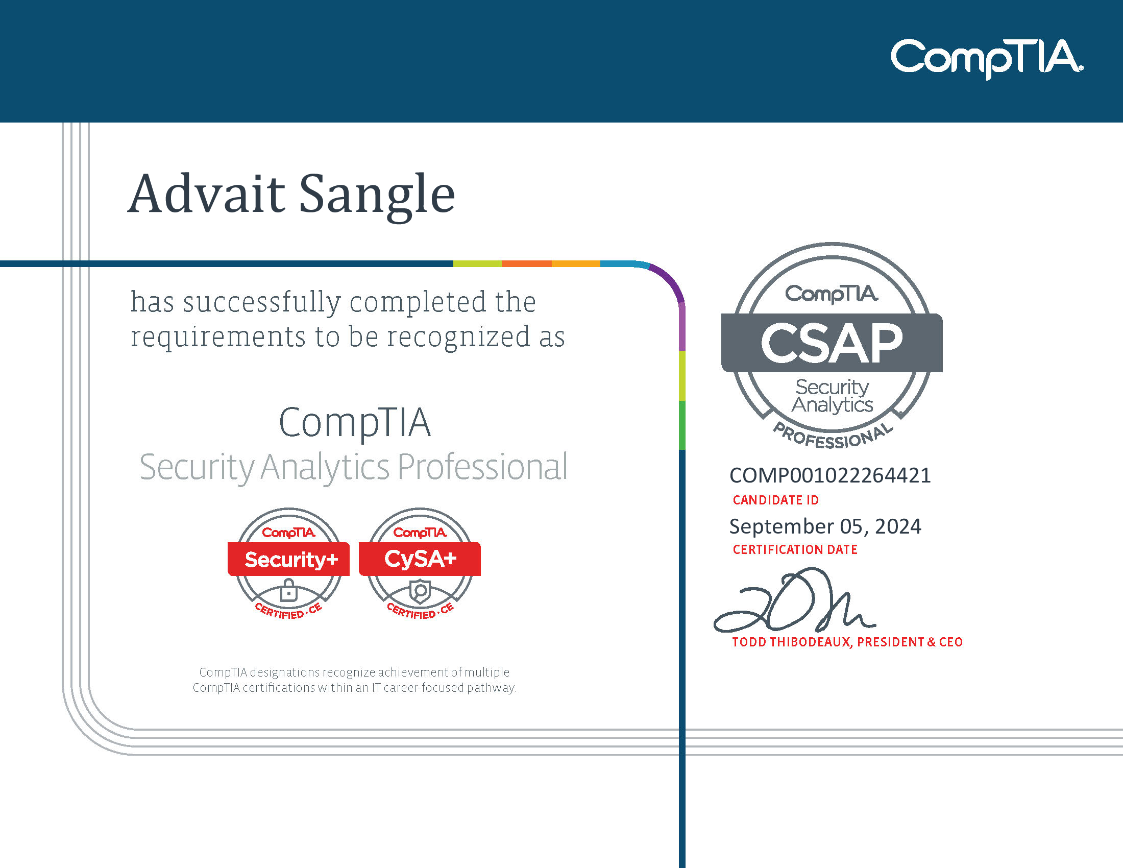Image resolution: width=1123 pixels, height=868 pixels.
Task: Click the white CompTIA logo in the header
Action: (x=987, y=58)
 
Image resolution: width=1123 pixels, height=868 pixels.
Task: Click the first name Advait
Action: (x=206, y=194)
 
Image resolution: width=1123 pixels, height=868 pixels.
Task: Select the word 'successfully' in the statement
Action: (x=262, y=302)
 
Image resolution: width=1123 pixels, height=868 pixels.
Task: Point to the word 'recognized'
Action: (x=458, y=338)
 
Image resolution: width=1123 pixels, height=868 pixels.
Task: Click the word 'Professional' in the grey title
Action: (x=482, y=467)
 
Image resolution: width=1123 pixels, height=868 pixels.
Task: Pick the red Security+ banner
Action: (x=288, y=559)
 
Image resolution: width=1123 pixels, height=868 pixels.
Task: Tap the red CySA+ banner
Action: (x=420, y=559)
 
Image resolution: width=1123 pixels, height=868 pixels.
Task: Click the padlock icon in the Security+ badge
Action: (x=288, y=590)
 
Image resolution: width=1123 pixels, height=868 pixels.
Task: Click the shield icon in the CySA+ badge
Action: (x=420, y=590)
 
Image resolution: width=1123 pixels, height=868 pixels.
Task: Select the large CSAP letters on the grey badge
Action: (x=832, y=343)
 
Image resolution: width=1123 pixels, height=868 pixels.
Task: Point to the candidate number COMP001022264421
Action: (x=830, y=475)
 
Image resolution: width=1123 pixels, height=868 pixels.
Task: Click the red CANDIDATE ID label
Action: (x=775, y=500)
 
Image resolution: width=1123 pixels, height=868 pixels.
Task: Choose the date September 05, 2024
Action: (x=825, y=526)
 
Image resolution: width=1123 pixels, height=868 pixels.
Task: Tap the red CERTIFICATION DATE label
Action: (x=795, y=550)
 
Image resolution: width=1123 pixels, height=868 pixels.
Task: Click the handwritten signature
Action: (x=794, y=600)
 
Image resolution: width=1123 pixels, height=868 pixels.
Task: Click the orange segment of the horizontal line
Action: (x=527, y=264)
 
